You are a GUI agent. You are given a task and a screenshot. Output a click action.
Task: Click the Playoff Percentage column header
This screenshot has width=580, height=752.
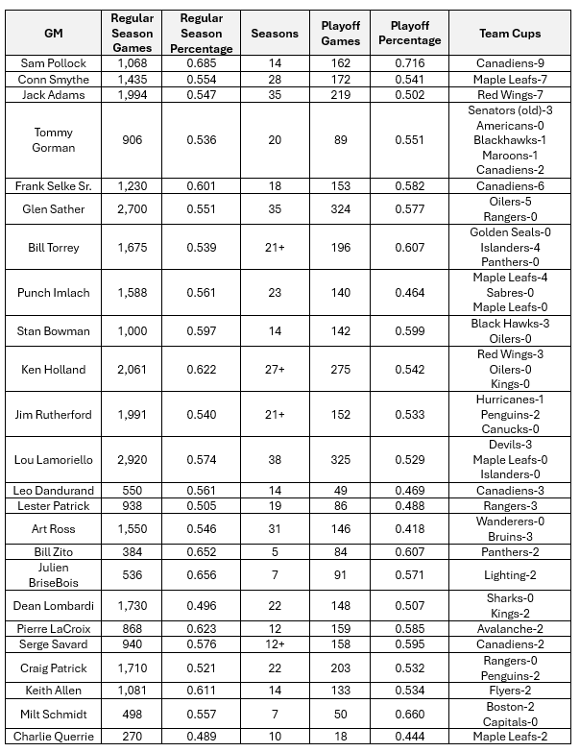[x=409, y=34]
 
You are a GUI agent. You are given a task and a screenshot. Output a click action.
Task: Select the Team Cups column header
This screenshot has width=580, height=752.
[x=510, y=34]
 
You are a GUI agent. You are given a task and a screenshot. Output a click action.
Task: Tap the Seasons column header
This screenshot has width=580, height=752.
[x=275, y=34]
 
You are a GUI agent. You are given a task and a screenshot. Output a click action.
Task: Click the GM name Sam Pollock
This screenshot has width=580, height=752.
[x=54, y=63]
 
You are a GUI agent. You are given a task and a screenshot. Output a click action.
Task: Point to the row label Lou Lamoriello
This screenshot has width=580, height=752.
[x=54, y=459]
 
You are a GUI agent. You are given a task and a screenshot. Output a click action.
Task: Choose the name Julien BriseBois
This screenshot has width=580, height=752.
[x=54, y=574]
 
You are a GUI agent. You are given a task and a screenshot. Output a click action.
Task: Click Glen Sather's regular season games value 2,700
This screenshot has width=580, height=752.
[x=133, y=208]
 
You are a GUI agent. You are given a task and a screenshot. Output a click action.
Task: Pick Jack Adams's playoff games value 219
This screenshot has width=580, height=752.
[x=341, y=95]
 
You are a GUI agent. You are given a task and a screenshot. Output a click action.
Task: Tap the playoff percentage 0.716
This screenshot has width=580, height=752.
[x=409, y=63]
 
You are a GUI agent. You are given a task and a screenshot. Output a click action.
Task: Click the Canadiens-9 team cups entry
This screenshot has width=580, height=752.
[x=510, y=63]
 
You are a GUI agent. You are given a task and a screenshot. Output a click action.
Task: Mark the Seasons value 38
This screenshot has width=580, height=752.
[x=275, y=459]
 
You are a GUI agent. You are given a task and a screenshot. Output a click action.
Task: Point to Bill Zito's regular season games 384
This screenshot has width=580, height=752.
[x=133, y=552]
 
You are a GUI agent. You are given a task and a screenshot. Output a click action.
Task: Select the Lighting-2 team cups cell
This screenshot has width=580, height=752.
[x=510, y=574]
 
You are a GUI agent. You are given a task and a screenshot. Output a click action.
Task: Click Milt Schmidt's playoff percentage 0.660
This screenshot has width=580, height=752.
[x=409, y=713]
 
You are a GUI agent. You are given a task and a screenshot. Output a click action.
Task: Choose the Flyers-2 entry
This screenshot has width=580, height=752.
[x=510, y=690]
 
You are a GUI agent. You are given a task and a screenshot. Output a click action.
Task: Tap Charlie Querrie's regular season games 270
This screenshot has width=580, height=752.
[x=133, y=737]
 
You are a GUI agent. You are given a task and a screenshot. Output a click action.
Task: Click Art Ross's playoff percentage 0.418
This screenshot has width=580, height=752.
[x=409, y=529]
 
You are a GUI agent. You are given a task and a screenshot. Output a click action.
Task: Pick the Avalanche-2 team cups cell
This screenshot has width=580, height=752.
[x=510, y=628]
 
